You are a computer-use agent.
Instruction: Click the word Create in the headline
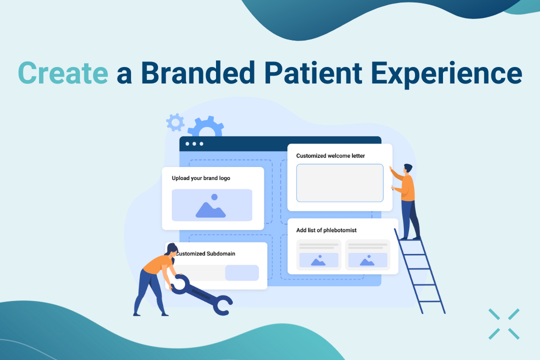[x=63, y=72]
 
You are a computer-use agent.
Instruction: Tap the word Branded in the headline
[x=198, y=72]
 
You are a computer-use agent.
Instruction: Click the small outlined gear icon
[x=175, y=122]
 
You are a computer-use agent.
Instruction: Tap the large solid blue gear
[x=206, y=126]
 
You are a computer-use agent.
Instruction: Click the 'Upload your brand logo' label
[x=201, y=178]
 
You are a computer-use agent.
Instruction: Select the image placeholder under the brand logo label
[x=212, y=205]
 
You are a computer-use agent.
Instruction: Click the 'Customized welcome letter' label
[x=330, y=155]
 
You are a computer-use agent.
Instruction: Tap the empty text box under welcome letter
[x=340, y=183]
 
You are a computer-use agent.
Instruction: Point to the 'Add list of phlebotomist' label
[x=326, y=230]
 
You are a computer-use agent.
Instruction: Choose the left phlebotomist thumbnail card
[x=318, y=255]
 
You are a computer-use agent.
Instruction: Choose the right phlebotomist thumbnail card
[x=367, y=255]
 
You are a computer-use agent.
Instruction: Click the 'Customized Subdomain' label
[x=206, y=253]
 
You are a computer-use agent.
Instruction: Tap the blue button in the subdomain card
[x=242, y=273]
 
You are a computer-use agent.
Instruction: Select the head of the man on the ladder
[x=408, y=169]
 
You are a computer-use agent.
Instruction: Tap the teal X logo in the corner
[x=504, y=324]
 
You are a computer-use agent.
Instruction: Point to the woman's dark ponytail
[x=171, y=249]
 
